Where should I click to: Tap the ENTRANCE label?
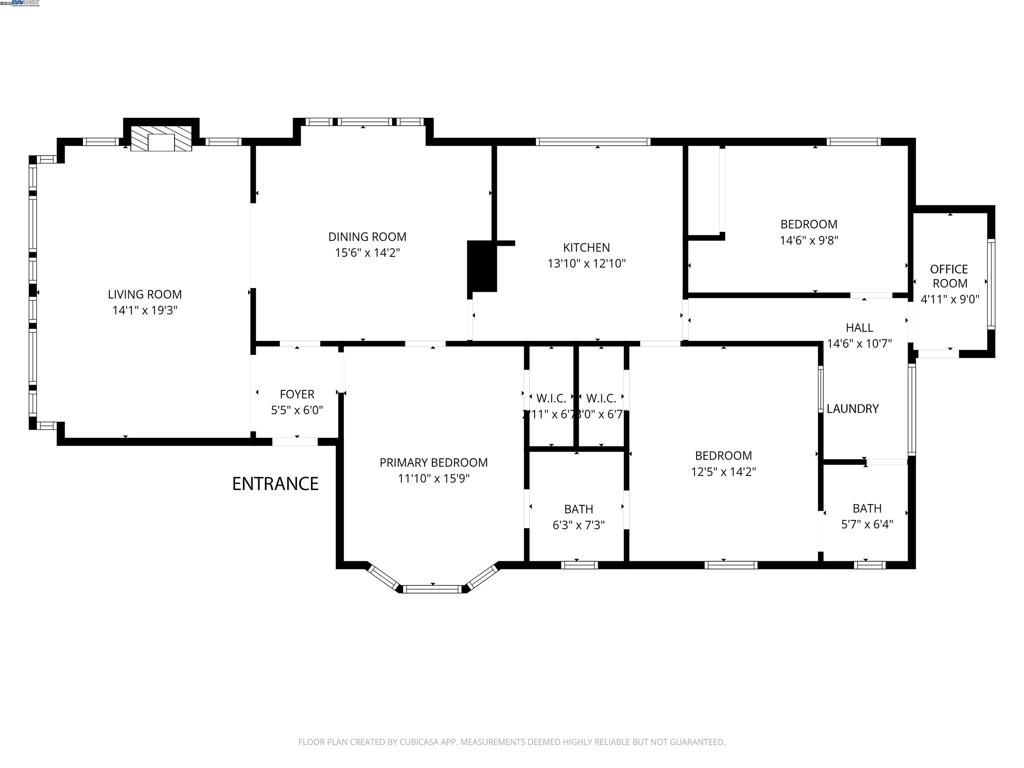[x=275, y=484]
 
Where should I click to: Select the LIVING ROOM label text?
[x=145, y=294]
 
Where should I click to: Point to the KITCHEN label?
[x=586, y=248]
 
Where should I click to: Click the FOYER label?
[x=297, y=395]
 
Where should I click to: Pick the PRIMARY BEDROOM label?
[x=433, y=462]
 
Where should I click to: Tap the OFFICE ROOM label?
[x=948, y=276]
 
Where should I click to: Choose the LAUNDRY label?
[x=852, y=408]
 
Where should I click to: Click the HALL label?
[x=859, y=327]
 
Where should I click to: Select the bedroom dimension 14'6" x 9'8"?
[x=809, y=240]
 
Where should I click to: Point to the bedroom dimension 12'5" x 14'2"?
[x=723, y=471]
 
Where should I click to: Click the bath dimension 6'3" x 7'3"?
[x=578, y=525]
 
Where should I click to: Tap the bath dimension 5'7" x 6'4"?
[x=867, y=524]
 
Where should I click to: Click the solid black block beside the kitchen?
[x=484, y=267]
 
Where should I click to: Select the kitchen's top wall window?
[x=593, y=142]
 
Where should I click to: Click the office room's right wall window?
[x=991, y=283]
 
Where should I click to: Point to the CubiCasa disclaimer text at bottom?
[x=512, y=742]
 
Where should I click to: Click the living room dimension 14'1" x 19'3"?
[x=145, y=310]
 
